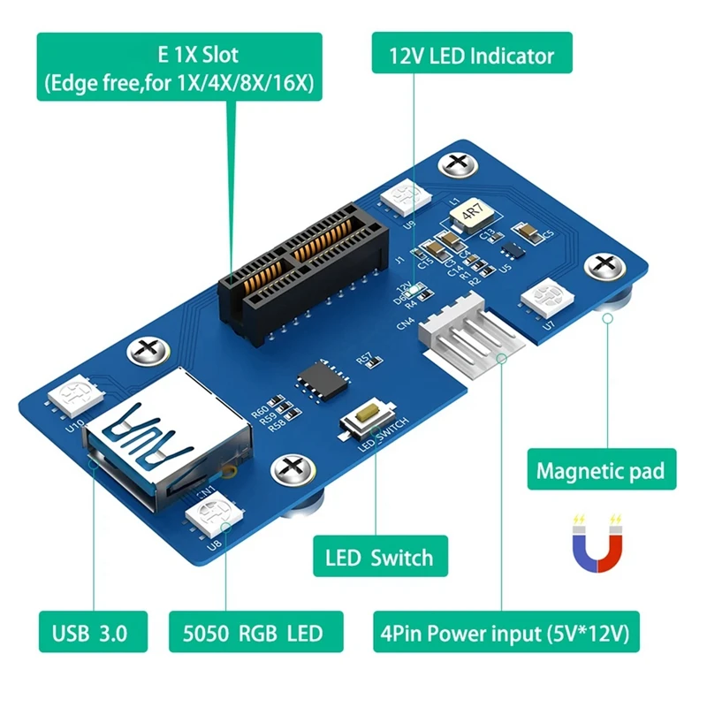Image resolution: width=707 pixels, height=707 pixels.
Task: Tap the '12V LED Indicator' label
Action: [472, 56]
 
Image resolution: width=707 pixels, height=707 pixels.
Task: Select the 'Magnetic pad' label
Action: [599, 469]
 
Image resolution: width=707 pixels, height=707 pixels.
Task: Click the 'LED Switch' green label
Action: [379, 558]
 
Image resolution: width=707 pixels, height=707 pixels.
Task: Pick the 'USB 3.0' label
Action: [89, 633]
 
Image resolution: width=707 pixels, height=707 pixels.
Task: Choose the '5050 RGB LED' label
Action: [251, 633]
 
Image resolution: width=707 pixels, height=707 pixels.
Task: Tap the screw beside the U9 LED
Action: [457, 163]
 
